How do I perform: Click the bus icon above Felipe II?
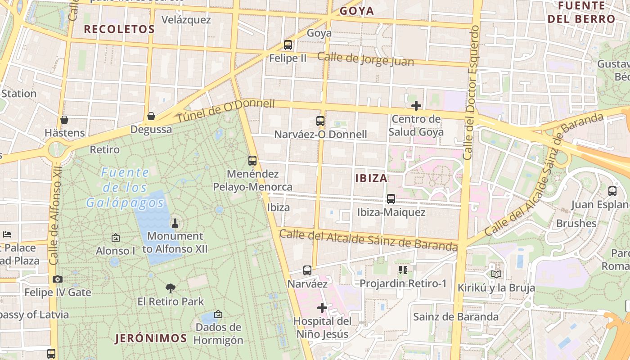pyautogui.click(x=288, y=45)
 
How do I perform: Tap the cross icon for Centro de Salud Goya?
pyautogui.click(x=416, y=106)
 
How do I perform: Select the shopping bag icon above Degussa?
pyautogui.click(x=151, y=116)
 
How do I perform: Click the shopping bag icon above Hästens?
pyautogui.click(x=64, y=120)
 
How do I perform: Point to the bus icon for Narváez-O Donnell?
pyautogui.click(x=320, y=121)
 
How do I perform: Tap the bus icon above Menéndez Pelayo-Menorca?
pyautogui.click(x=252, y=160)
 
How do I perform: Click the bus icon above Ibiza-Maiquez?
pyautogui.click(x=391, y=198)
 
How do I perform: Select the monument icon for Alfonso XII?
pyautogui.click(x=175, y=223)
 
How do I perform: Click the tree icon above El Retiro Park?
pyautogui.click(x=171, y=288)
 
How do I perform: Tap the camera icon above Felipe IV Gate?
pyautogui.click(x=57, y=279)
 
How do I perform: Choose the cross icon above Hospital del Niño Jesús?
pyautogui.click(x=322, y=308)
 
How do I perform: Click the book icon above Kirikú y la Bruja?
pyautogui.click(x=496, y=274)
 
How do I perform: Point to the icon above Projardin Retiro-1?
pyautogui.click(x=403, y=270)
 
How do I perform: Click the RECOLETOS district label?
pyautogui.click(x=119, y=29)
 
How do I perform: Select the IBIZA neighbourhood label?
pyautogui.click(x=371, y=178)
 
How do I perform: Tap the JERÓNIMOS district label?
pyautogui.click(x=151, y=338)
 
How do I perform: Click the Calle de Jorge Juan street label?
pyautogui.click(x=365, y=58)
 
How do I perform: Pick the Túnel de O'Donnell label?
pyautogui.click(x=225, y=111)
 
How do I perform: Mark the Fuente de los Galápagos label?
pyautogui.click(x=125, y=187)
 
